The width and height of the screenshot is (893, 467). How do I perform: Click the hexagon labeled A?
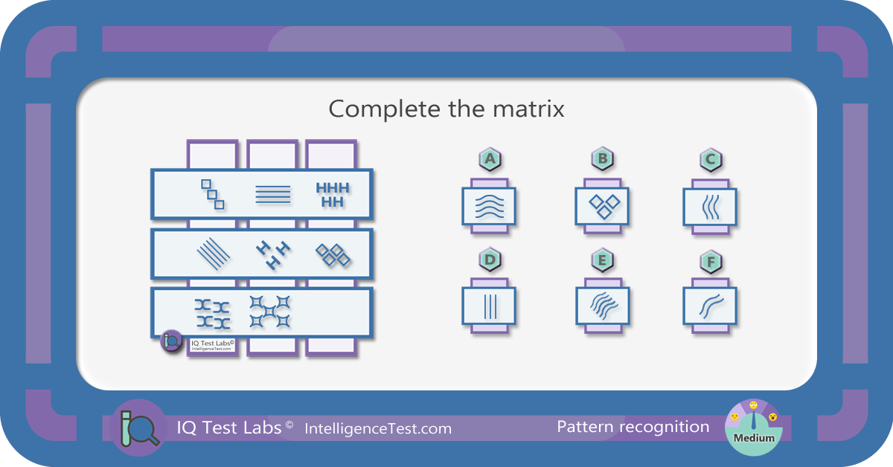[490, 159]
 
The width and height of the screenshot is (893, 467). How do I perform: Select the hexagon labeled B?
[602, 158]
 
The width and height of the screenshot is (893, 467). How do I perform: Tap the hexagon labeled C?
[711, 159]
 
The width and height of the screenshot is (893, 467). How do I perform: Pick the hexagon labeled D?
[490, 260]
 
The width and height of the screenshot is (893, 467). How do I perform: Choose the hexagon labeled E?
[602, 260]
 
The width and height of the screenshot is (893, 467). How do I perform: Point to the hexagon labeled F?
[711, 262]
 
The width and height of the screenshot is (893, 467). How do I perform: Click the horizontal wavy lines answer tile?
[489, 206]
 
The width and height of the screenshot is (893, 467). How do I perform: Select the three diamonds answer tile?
[602, 206]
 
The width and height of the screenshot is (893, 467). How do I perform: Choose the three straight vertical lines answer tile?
[489, 306]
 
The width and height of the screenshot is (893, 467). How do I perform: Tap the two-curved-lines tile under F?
[710, 306]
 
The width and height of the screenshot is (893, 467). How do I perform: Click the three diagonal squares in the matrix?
[213, 194]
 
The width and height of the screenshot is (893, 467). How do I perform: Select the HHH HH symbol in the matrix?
[333, 195]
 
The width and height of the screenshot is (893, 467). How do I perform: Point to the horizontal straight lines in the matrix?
[273, 194]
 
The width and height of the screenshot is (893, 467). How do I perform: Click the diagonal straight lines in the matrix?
[214, 254]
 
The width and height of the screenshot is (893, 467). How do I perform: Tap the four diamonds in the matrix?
[333, 254]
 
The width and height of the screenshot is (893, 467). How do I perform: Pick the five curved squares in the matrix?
[270, 312]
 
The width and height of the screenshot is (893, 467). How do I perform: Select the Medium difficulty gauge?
[753, 428]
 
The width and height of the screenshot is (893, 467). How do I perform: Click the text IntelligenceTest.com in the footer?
[378, 429]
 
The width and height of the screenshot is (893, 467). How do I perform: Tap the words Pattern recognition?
[633, 427]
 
